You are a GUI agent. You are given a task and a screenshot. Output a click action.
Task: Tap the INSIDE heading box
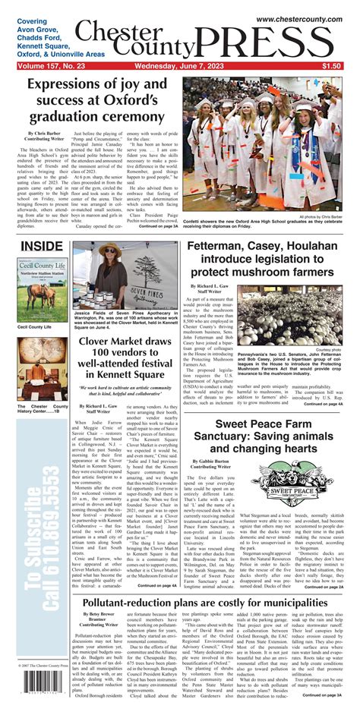(42, 247)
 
